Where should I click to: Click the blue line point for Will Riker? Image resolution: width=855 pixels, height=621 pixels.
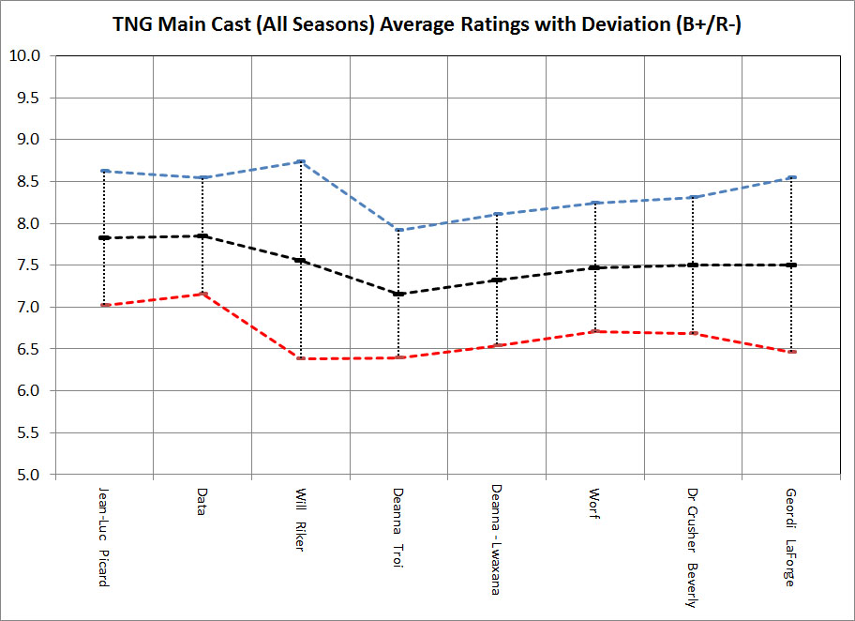click(301, 162)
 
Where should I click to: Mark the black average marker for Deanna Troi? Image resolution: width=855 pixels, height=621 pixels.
click(398, 294)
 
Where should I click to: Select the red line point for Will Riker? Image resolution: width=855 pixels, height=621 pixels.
click(301, 358)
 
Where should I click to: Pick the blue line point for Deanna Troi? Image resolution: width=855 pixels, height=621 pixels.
click(398, 230)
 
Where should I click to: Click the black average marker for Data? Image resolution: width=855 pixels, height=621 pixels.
click(202, 235)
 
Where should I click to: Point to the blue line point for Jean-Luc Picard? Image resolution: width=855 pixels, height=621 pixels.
click(104, 171)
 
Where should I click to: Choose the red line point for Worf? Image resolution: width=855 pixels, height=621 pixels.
click(594, 331)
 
